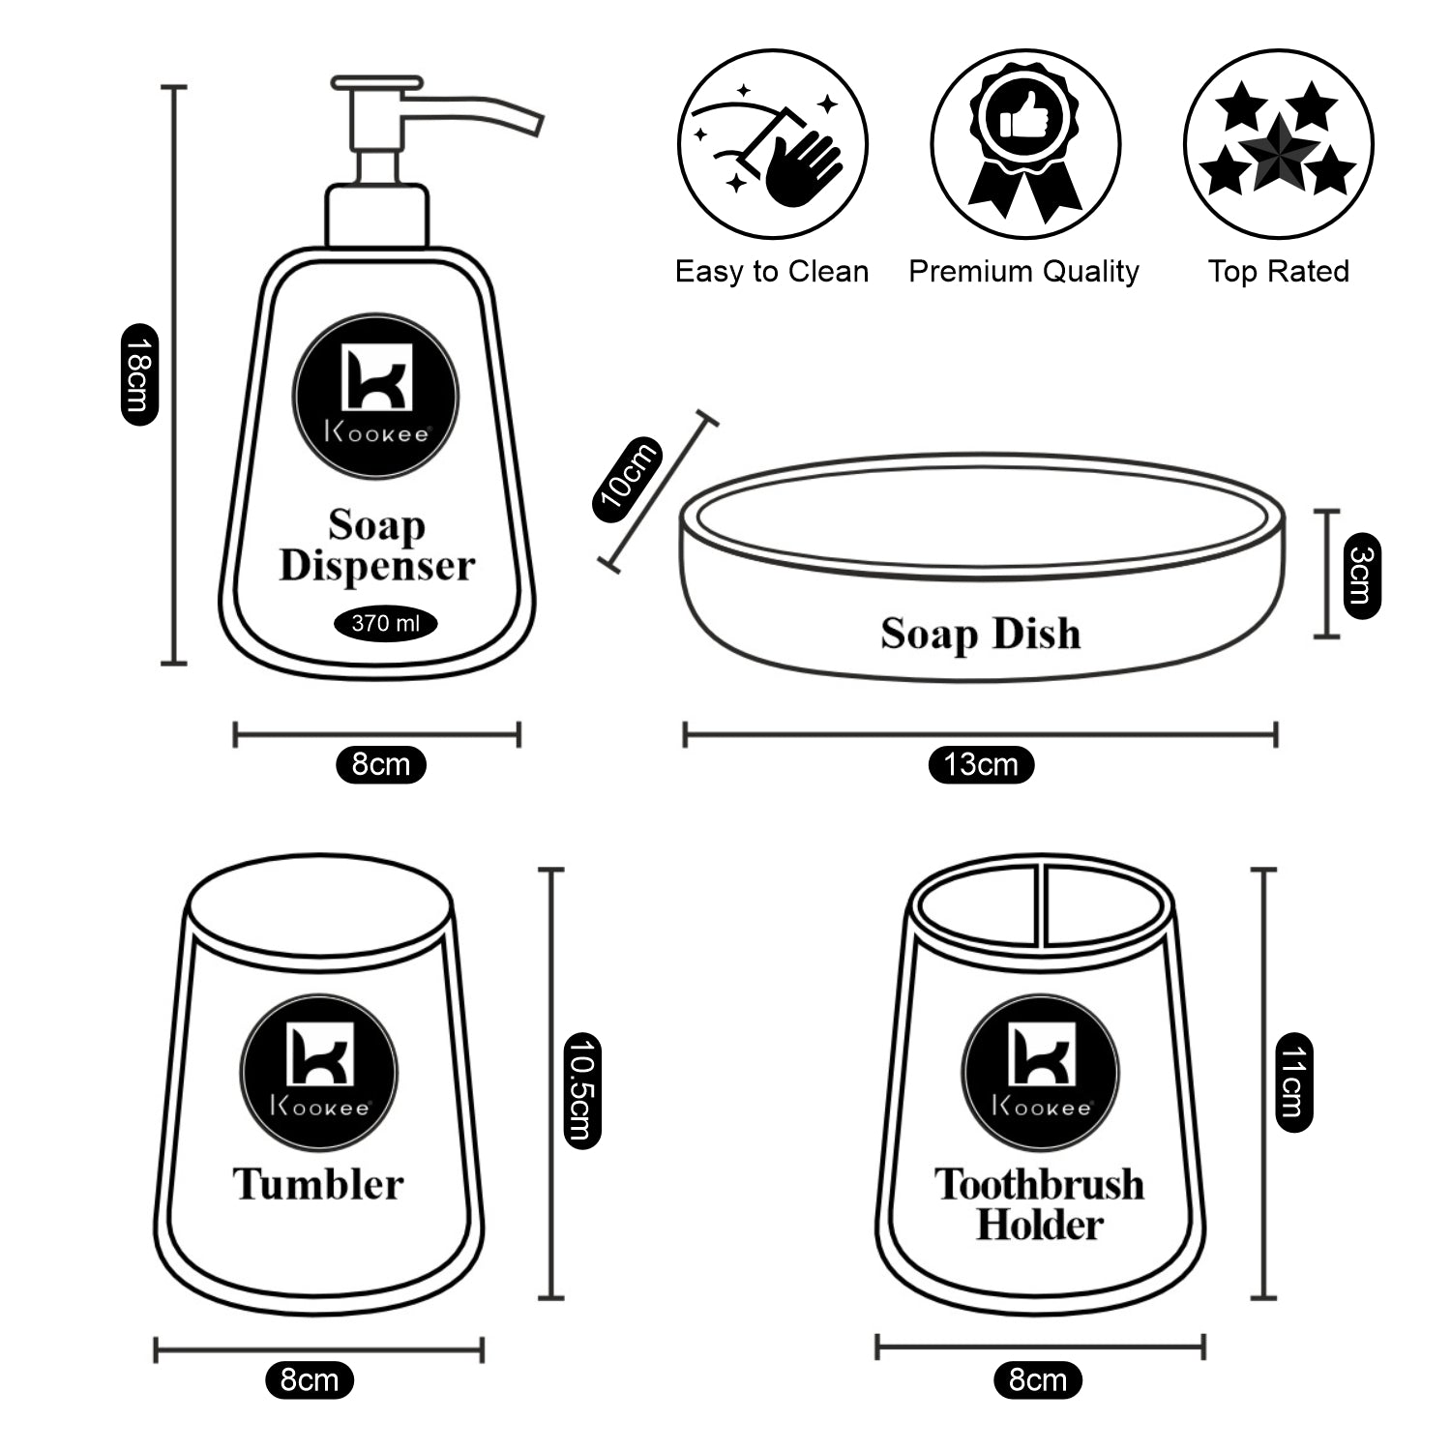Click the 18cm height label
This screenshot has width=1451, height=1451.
(x=139, y=374)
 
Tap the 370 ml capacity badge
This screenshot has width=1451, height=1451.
(x=385, y=624)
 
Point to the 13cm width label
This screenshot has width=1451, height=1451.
(x=981, y=764)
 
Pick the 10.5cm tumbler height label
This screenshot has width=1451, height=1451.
(x=581, y=1090)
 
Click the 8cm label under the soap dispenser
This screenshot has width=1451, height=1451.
(x=380, y=764)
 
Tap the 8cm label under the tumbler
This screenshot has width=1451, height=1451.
(x=310, y=1379)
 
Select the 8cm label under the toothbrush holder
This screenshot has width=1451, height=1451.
(x=1037, y=1379)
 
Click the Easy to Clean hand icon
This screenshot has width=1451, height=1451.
(x=772, y=145)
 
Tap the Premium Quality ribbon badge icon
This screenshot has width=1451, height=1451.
(x=1025, y=145)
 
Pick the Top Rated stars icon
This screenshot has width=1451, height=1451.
(x=1278, y=145)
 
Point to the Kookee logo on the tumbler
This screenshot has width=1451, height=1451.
(x=318, y=1073)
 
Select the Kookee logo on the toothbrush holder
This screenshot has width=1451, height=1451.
(x=1041, y=1073)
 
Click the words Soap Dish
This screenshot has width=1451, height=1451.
(x=980, y=635)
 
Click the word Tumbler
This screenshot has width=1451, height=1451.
(x=318, y=1185)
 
